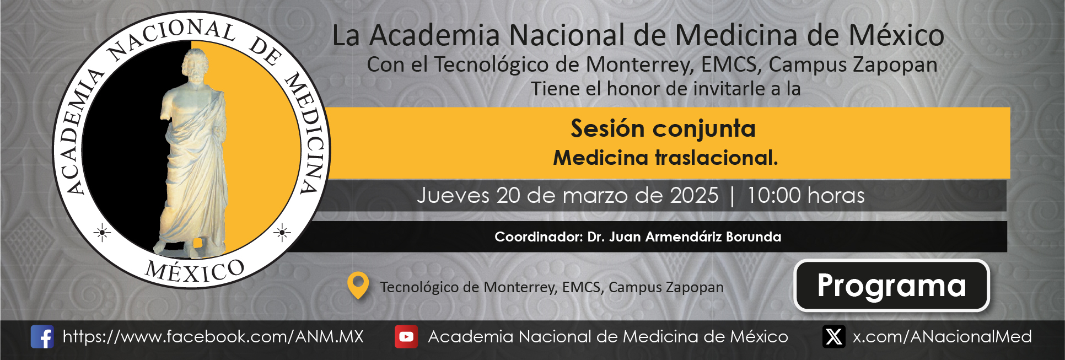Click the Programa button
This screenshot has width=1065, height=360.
pyautogui.click(x=891, y=286)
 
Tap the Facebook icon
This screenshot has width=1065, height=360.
pyautogui.click(x=42, y=336)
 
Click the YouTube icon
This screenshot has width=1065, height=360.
pyautogui.click(x=406, y=337)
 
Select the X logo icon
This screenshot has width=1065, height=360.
pyautogui.click(x=834, y=336)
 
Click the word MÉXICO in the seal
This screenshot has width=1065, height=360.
pyautogui.click(x=195, y=271)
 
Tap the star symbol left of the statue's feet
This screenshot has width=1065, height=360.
pyautogui.click(x=102, y=233)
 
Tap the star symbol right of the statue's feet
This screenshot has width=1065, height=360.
pyautogui.click(x=282, y=233)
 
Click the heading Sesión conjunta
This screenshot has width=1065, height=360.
pyautogui.click(x=663, y=128)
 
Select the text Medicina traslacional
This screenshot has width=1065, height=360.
pyautogui.click(x=665, y=158)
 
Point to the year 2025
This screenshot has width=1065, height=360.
pyautogui.click(x=694, y=196)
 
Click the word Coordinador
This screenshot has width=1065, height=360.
pyautogui.click(x=538, y=237)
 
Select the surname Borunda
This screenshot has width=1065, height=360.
pyautogui.click(x=754, y=237)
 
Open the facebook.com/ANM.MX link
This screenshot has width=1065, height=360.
pyautogui.click(x=213, y=337)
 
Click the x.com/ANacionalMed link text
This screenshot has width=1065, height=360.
pyautogui.click(x=942, y=337)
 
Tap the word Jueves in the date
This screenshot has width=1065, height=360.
pyautogui.click(x=453, y=196)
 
